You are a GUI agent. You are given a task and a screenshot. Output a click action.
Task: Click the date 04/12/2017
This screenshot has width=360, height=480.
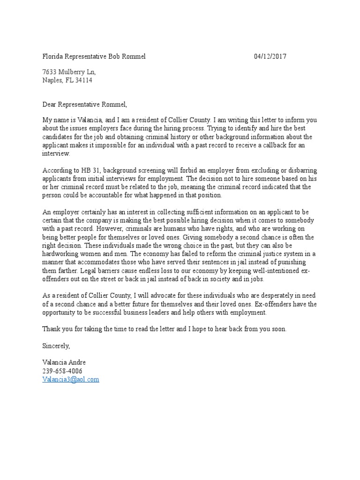pos(270,57)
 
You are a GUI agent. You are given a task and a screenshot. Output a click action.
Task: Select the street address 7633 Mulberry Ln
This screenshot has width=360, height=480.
pos(69,72)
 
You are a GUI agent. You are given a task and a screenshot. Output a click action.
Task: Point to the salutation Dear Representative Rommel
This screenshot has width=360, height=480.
pos(85,104)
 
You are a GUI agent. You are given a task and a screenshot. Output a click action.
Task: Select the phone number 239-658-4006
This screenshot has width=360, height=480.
pos(62,371)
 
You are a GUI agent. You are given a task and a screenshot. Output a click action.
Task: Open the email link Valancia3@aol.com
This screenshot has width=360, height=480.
pos(71,379)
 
